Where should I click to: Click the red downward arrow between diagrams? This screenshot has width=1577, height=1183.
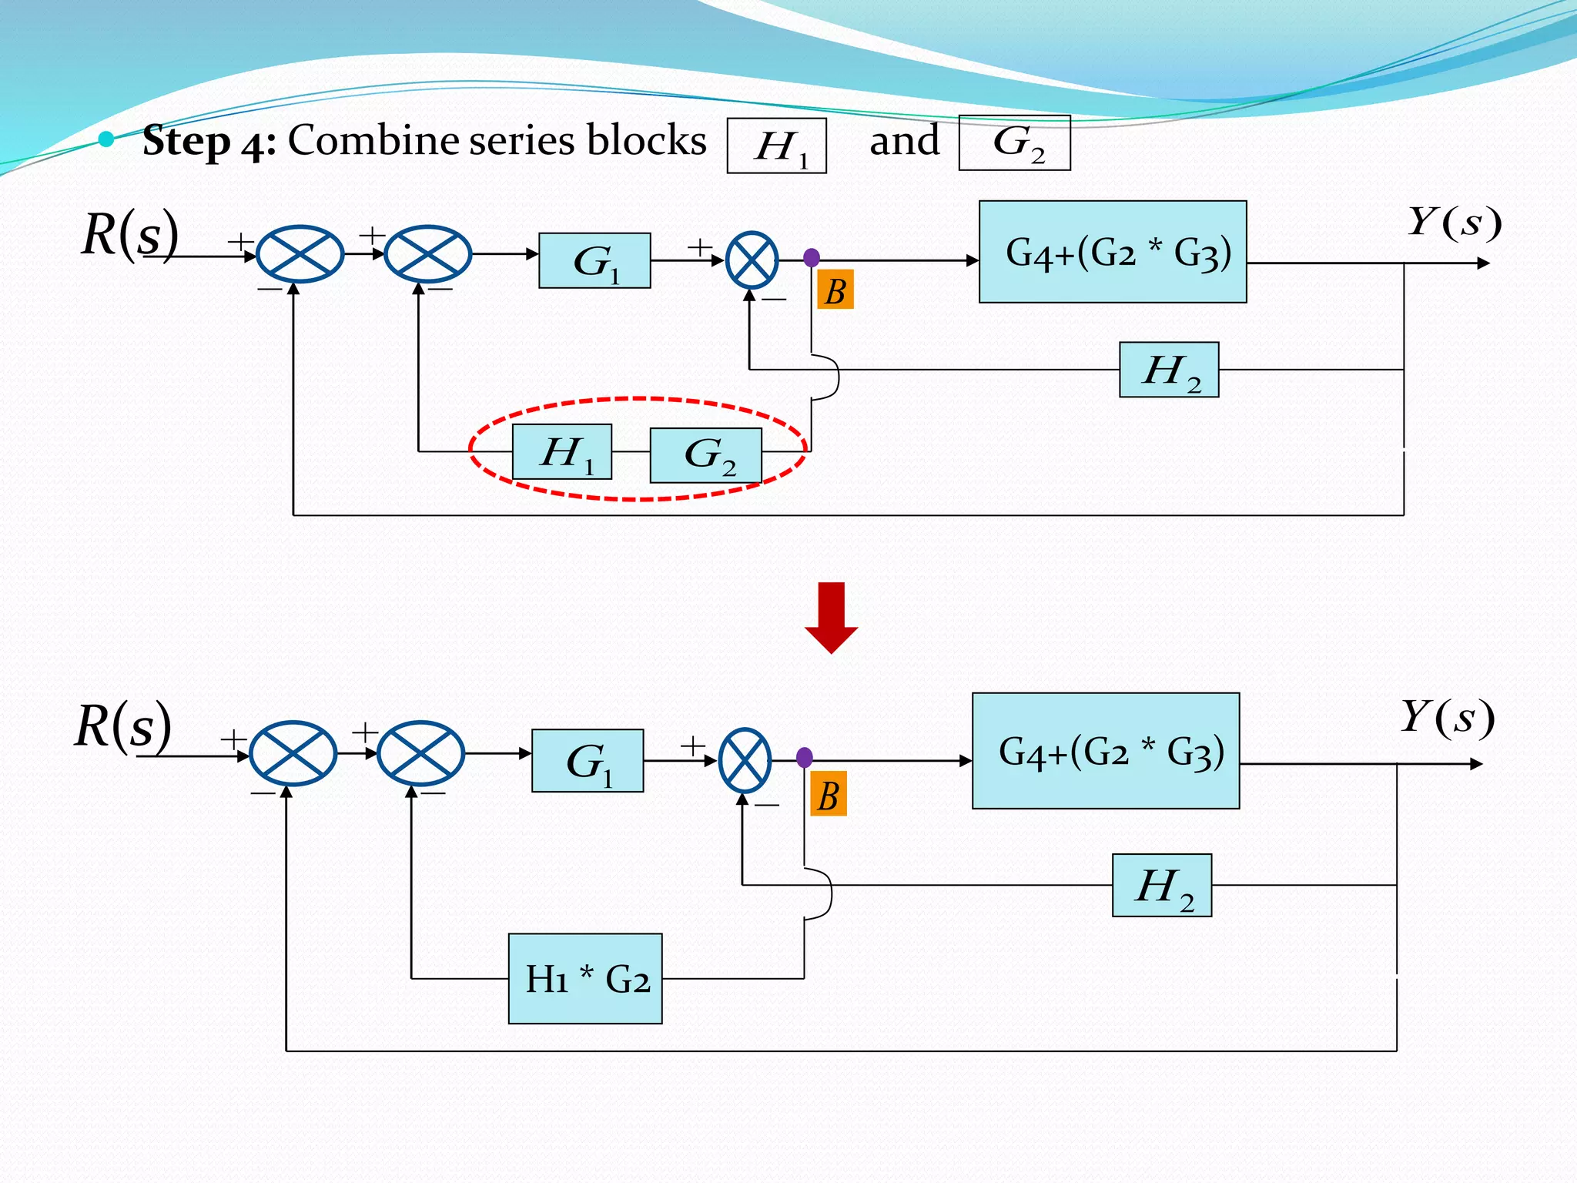(x=831, y=617)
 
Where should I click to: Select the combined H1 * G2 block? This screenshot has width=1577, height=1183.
(x=585, y=978)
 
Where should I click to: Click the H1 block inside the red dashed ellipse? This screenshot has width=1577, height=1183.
(x=562, y=452)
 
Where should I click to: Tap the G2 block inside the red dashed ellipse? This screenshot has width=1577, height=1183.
(x=706, y=455)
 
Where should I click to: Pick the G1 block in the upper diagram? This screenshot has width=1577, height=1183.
(x=594, y=261)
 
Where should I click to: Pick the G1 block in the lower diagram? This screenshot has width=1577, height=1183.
(x=588, y=761)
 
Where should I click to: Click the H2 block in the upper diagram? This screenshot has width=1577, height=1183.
(x=1169, y=370)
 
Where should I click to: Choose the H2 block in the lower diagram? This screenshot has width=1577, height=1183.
(x=1162, y=885)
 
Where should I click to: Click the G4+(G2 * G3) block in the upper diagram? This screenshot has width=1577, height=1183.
(x=1113, y=252)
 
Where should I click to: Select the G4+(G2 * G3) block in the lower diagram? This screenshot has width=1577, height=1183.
(x=1106, y=751)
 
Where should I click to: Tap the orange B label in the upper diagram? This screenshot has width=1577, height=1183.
(x=835, y=290)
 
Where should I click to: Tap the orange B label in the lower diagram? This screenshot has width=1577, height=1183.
(x=829, y=794)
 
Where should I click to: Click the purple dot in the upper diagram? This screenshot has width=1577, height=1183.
(x=812, y=258)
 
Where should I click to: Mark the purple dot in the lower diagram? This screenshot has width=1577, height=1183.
(x=805, y=758)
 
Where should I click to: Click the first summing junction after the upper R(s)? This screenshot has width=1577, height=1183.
(x=300, y=254)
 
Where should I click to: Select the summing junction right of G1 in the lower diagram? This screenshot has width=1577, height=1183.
(x=745, y=761)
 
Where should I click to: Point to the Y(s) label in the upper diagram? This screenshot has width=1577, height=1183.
(x=1454, y=223)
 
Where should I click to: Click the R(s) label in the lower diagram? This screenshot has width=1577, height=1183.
(x=123, y=726)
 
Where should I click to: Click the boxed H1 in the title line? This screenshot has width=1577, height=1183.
(x=777, y=146)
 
